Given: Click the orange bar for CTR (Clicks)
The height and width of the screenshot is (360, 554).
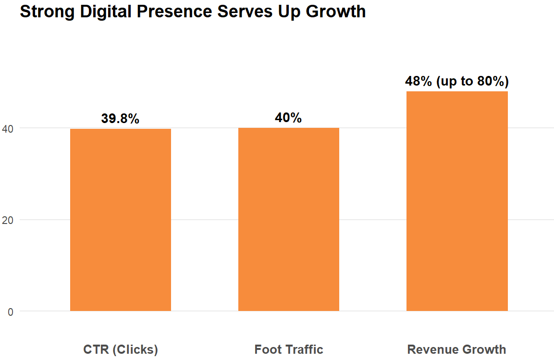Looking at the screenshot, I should (x=121, y=220).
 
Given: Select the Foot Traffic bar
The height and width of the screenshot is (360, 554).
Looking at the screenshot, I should (x=289, y=219).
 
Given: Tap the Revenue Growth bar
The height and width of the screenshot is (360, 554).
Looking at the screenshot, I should (x=457, y=201).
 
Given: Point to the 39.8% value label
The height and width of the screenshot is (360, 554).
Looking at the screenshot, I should (x=120, y=119).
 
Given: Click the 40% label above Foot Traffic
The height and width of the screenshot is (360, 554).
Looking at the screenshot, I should (x=288, y=118).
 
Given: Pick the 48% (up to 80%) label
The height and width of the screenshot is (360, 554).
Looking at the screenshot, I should (x=457, y=81).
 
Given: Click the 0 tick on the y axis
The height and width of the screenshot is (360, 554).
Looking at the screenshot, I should (x=10, y=311).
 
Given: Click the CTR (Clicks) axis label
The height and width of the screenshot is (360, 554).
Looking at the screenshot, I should (x=121, y=349).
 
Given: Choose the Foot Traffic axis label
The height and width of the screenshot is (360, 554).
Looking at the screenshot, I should (x=289, y=349).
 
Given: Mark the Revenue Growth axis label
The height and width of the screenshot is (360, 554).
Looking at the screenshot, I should (x=456, y=349).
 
